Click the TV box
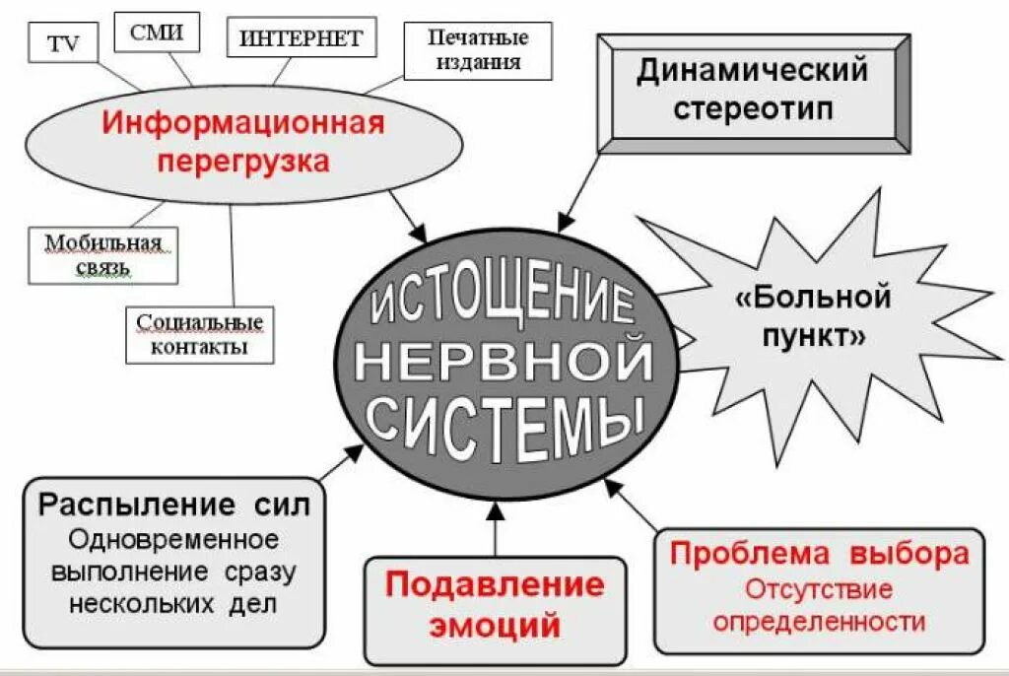(62, 44)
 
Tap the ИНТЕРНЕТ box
(301, 38)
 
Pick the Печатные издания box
(477, 51)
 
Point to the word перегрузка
(243, 160)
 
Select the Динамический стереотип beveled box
(753, 89)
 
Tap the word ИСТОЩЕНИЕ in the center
(503, 301)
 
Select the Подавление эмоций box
(495, 605)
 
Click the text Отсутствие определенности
(820, 605)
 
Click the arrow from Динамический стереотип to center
(581, 187)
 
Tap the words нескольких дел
(173, 603)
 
